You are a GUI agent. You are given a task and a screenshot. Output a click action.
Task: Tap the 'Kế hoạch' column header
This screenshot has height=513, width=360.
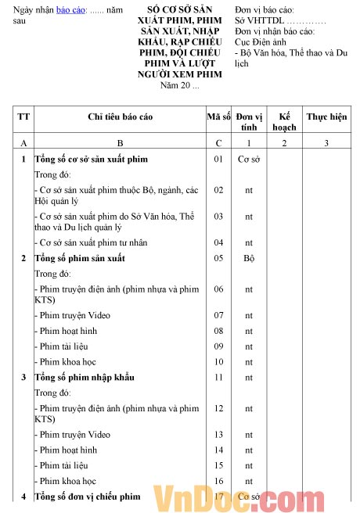[284, 121]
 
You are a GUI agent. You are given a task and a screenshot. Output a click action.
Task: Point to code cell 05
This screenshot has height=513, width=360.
[218, 258]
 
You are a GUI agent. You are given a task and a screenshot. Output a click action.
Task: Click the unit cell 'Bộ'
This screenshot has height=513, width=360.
[249, 258]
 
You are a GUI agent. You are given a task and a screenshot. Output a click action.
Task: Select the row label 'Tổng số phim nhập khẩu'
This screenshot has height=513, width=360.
[84, 377]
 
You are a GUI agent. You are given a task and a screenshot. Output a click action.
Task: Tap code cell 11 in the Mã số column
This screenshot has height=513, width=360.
[218, 377]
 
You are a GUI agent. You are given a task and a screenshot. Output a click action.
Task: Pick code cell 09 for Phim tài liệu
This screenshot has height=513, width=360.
[218, 346]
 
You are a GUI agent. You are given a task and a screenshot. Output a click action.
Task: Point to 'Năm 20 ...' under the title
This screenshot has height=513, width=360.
[179, 85]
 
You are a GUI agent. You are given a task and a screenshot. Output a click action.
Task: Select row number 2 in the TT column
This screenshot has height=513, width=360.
[23, 258]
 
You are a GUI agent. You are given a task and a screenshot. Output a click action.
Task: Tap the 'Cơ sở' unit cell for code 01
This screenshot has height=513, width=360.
[249, 159]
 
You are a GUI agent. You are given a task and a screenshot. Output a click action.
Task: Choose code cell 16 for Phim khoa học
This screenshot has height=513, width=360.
[218, 481]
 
